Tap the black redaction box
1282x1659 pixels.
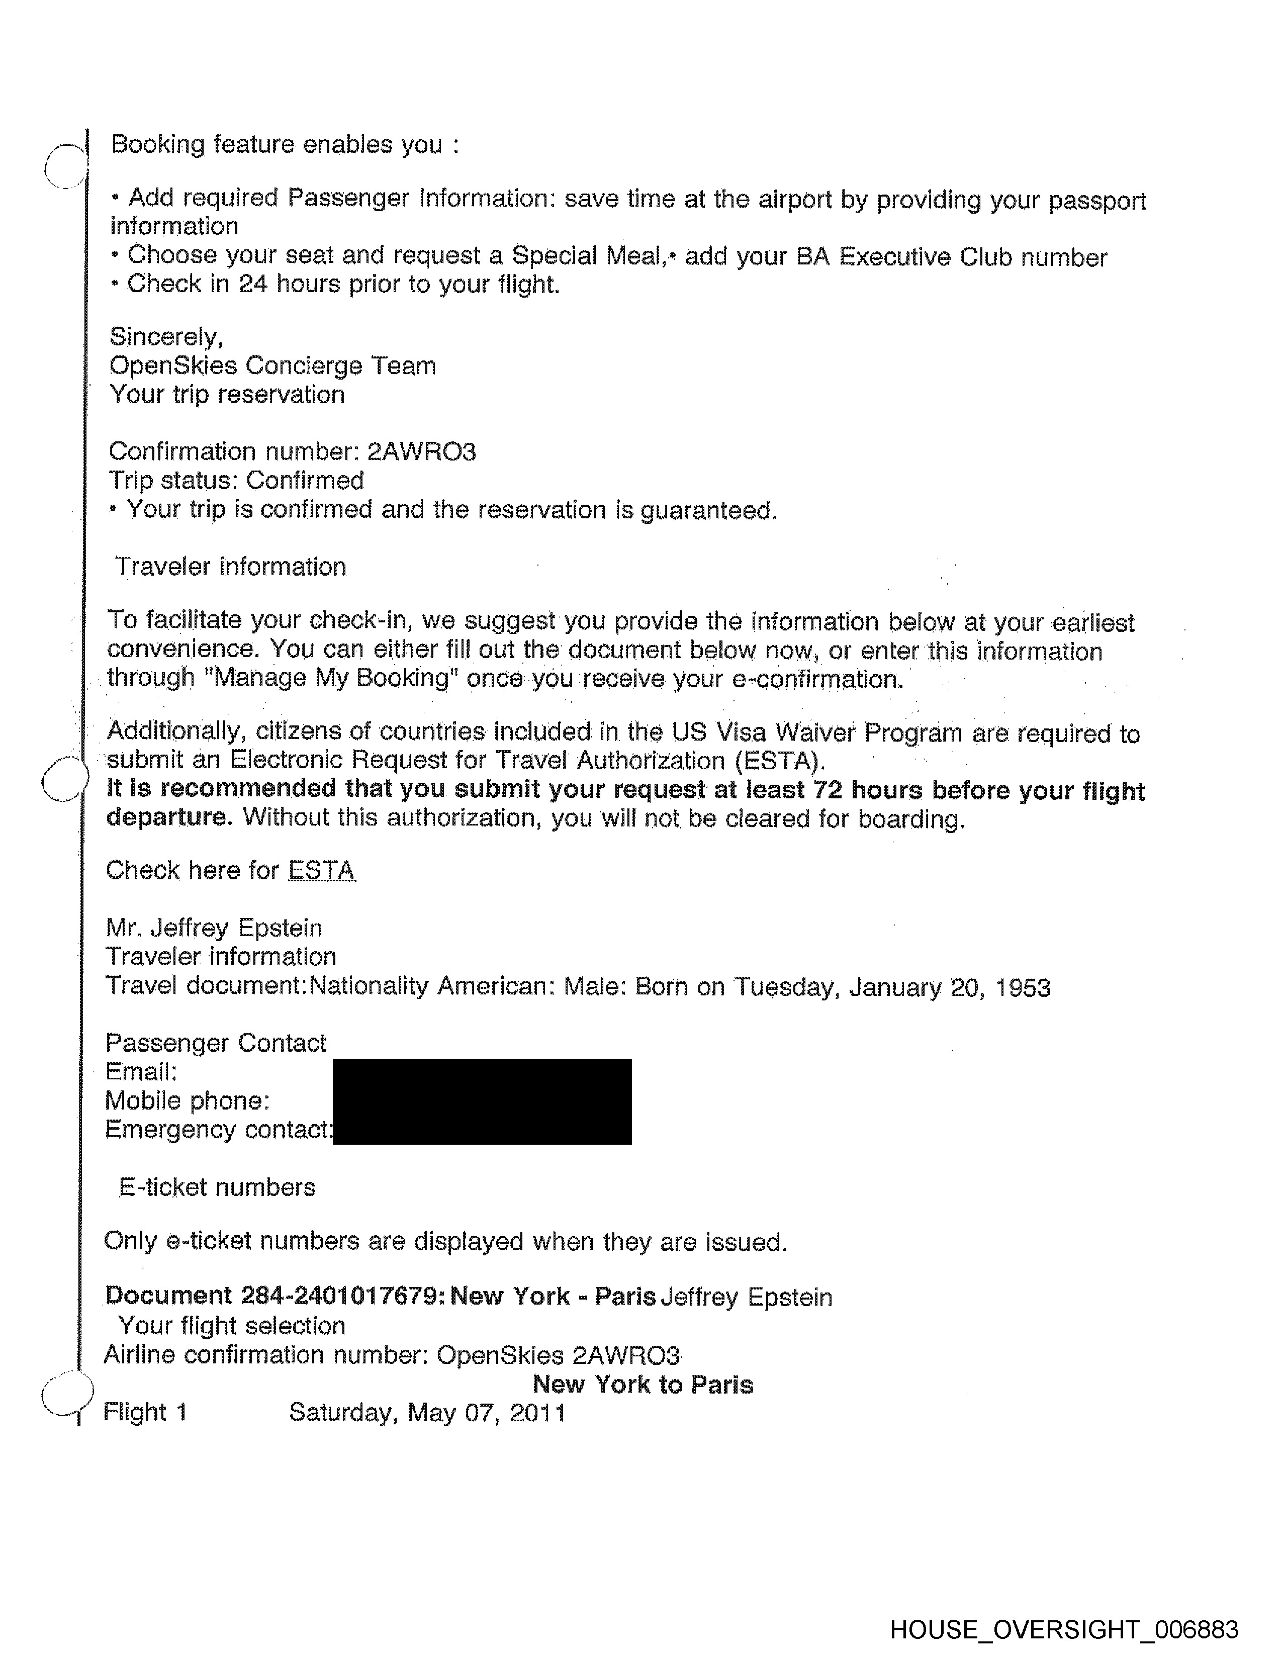point(482,1101)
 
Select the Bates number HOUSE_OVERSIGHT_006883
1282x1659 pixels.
point(1063,1629)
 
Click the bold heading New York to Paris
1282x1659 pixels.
point(643,1384)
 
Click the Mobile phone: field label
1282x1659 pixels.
point(187,1100)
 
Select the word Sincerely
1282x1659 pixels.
point(165,336)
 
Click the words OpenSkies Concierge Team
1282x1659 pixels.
point(272,366)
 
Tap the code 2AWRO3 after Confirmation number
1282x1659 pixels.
point(421,452)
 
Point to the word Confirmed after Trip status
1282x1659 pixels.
point(305,481)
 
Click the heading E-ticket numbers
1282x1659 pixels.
point(217,1187)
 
